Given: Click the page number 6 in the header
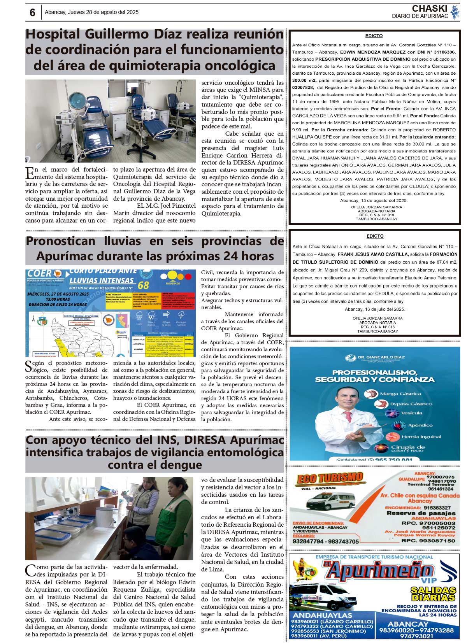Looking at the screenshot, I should click(x=32, y=13).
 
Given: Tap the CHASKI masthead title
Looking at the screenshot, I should click(x=429, y=9).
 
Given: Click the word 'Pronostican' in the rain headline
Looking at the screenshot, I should click(x=60, y=241).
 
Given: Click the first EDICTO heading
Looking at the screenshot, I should click(x=374, y=36).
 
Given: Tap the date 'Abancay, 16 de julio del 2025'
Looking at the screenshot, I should click(x=375, y=309).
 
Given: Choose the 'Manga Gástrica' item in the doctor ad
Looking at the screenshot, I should click(x=400, y=394).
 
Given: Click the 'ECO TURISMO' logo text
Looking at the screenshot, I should click(x=329, y=478).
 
